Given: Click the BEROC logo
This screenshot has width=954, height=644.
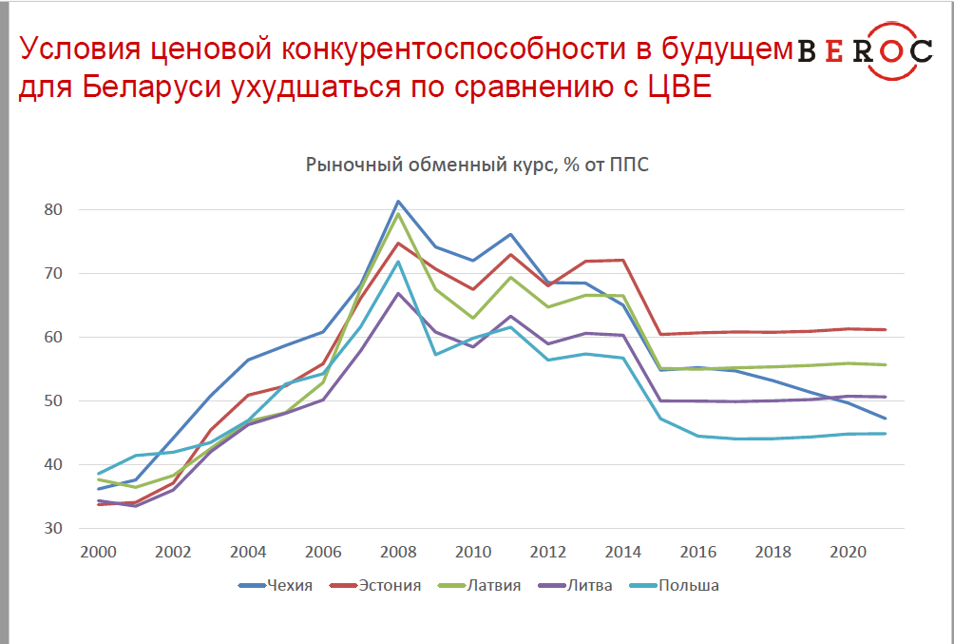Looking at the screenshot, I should point(865,50).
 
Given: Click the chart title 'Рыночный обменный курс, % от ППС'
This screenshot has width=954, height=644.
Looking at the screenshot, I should point(477,165).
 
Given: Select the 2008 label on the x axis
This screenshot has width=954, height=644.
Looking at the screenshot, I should point(399,552).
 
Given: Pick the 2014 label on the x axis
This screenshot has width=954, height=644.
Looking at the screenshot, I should point(622,552).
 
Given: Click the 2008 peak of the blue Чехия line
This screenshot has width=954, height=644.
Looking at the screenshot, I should point(398,201).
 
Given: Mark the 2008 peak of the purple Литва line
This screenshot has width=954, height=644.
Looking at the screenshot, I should point(398,293).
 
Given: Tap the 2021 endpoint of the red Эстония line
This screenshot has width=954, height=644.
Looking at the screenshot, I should point(886,330).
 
